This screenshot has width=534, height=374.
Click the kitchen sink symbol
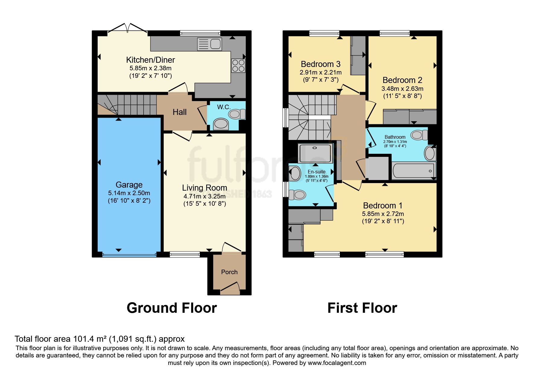pyautogui.click(x=209, y=44)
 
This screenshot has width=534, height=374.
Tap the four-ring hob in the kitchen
pyautogui.click(x=238, y=66)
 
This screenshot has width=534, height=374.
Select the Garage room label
pyautogui.click(x=129, y=185)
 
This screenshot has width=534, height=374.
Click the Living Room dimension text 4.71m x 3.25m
pyautogui.click(x=204, y=196)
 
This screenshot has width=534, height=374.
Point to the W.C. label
pyautogui.click(x=224, y=107)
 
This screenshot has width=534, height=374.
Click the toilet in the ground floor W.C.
pyautogui.click(x=237, y=114)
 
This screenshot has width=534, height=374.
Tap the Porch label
pyautogui.click(x=229, y=272)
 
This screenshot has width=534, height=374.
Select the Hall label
pyautogui.click(x=179, y=112)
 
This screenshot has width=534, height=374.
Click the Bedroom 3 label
pyautogui.click(x=321, y=64)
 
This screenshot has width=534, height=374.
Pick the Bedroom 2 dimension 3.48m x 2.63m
pyautogui.click(x=402, y=89)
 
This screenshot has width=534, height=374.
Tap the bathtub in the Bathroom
pyautogui.click(x=414, y=171)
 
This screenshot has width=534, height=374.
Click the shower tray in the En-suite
pyautogui.click(x=315, y=154)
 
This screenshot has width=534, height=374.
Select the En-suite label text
pyautogui.click(x=317, y=172)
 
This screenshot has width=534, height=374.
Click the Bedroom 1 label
pyautogui.click(x=383, y=206)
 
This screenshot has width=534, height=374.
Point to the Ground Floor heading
pyautogui.click(x=172, y=308)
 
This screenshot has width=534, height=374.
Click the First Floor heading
pyautogui.click(x=362, y=308)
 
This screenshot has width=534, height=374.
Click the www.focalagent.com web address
pyautogui.click(x=337, y=363)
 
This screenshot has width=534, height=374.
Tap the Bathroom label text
pyautogui.click(x=395, y=137)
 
